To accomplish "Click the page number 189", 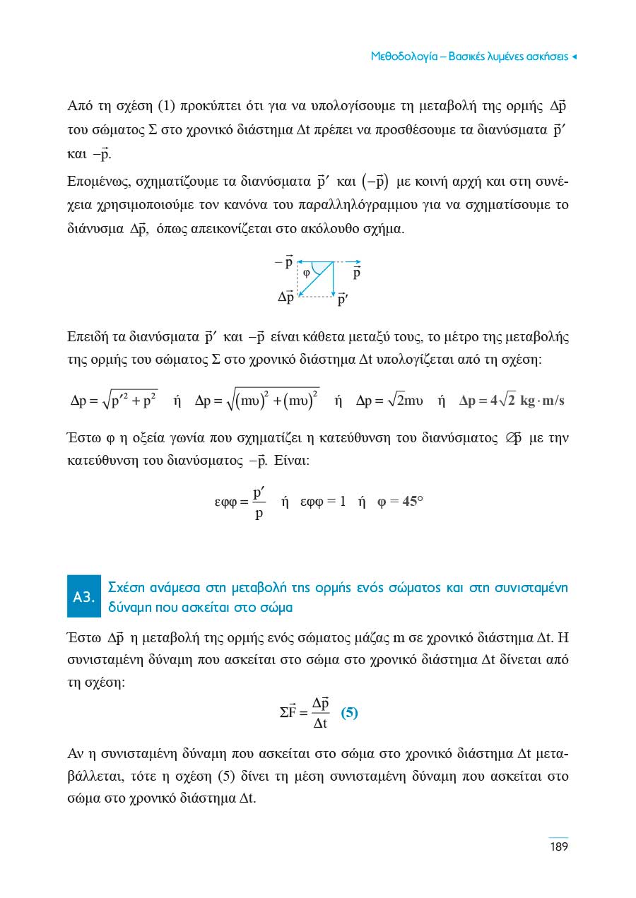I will [558, 846].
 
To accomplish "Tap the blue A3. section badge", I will [85, 597].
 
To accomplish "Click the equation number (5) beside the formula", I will [349, 712].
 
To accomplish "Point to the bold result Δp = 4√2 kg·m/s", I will [511, 401].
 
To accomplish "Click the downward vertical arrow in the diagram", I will [333, 278].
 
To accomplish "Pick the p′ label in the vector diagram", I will [343, 300].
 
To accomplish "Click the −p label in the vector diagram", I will [284, 263].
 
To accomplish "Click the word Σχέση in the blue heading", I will [125, 588].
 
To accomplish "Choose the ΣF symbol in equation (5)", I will [288, 712].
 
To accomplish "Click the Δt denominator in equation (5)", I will [321, 723].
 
